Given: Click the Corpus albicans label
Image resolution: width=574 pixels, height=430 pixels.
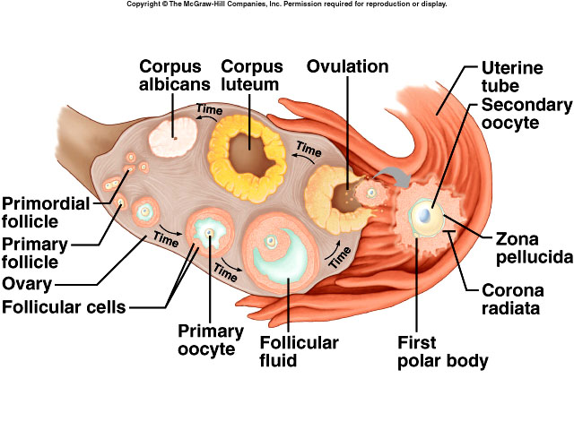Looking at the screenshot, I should click(x=175, y=75).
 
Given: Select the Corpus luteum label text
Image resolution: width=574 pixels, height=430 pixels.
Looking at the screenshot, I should click(x=251, y=75).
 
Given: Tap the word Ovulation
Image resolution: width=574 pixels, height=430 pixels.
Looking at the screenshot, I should click(x=347, y=66).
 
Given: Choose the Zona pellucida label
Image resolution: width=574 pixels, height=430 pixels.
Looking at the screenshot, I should click(x=534, y=247).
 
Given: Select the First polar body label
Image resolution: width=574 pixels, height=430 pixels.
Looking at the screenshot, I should click(x=443, y=352).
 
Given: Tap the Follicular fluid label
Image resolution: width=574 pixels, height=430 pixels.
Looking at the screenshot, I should click(x=299, y=352).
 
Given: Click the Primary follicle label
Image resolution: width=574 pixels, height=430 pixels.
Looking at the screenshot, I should click(x=42, y=254).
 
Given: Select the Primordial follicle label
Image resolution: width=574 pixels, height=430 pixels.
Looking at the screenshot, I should click(x=45, y=212).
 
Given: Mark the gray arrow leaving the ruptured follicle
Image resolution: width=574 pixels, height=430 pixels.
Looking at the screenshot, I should click(x=388, y=175).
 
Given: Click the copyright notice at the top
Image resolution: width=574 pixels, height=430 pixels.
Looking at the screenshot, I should click(x=287, y=4).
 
